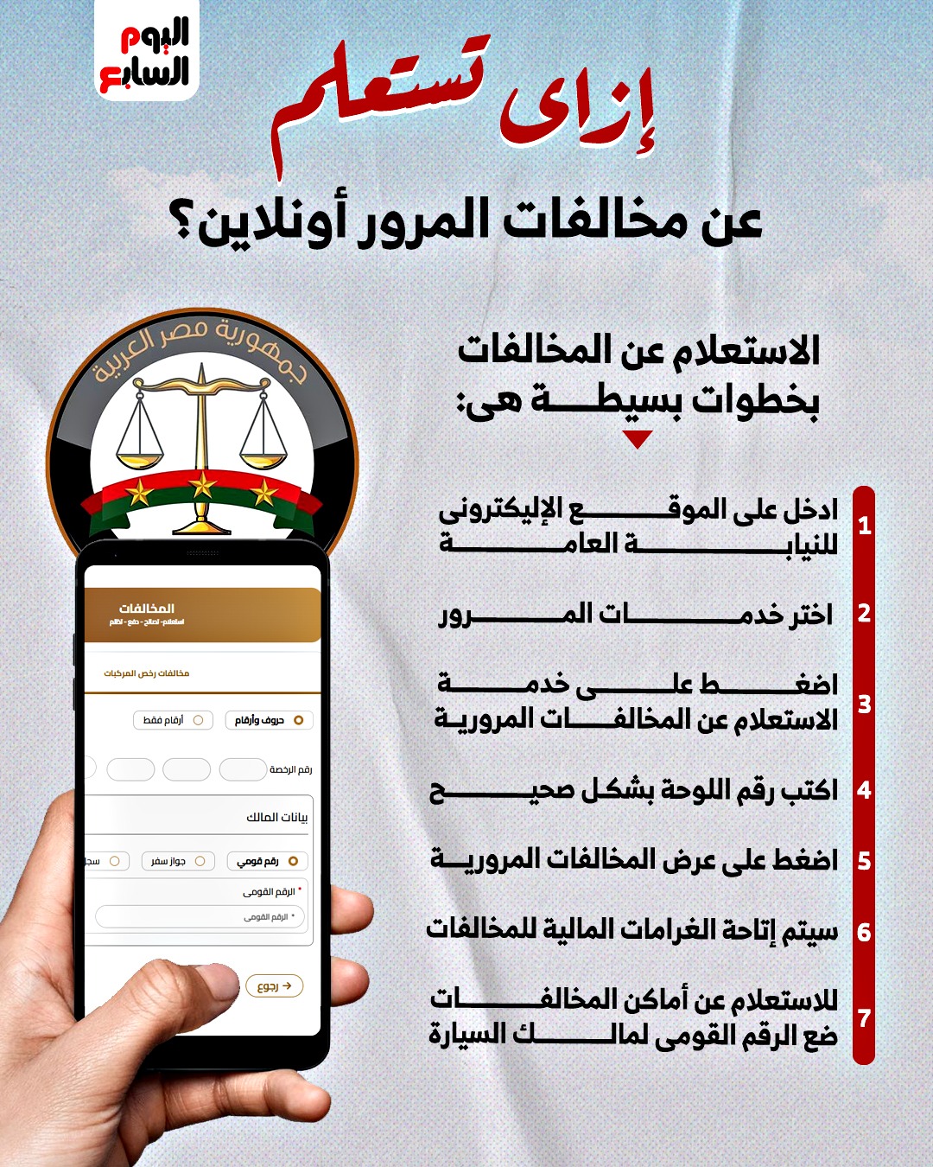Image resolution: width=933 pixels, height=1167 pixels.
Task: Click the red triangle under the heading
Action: click(637, 440)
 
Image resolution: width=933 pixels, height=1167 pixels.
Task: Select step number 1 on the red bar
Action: click(864, 526)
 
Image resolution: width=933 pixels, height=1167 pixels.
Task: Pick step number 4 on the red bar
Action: click(864, 790)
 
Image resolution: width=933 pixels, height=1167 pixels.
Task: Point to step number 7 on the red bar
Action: click(864, 1018)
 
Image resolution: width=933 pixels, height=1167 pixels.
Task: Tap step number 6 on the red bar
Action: click(864, 933)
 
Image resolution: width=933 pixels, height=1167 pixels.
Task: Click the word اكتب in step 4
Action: click(809, 790)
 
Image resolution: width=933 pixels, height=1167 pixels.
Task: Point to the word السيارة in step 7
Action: click(466, 1035)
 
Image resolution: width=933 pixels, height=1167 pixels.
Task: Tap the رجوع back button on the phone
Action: click(275, 985)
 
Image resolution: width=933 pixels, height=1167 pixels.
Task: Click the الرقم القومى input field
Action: click(200, 916)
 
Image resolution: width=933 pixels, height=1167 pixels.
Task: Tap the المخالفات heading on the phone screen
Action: click(147, 609)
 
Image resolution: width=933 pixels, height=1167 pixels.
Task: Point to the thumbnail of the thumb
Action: click(212, 985)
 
